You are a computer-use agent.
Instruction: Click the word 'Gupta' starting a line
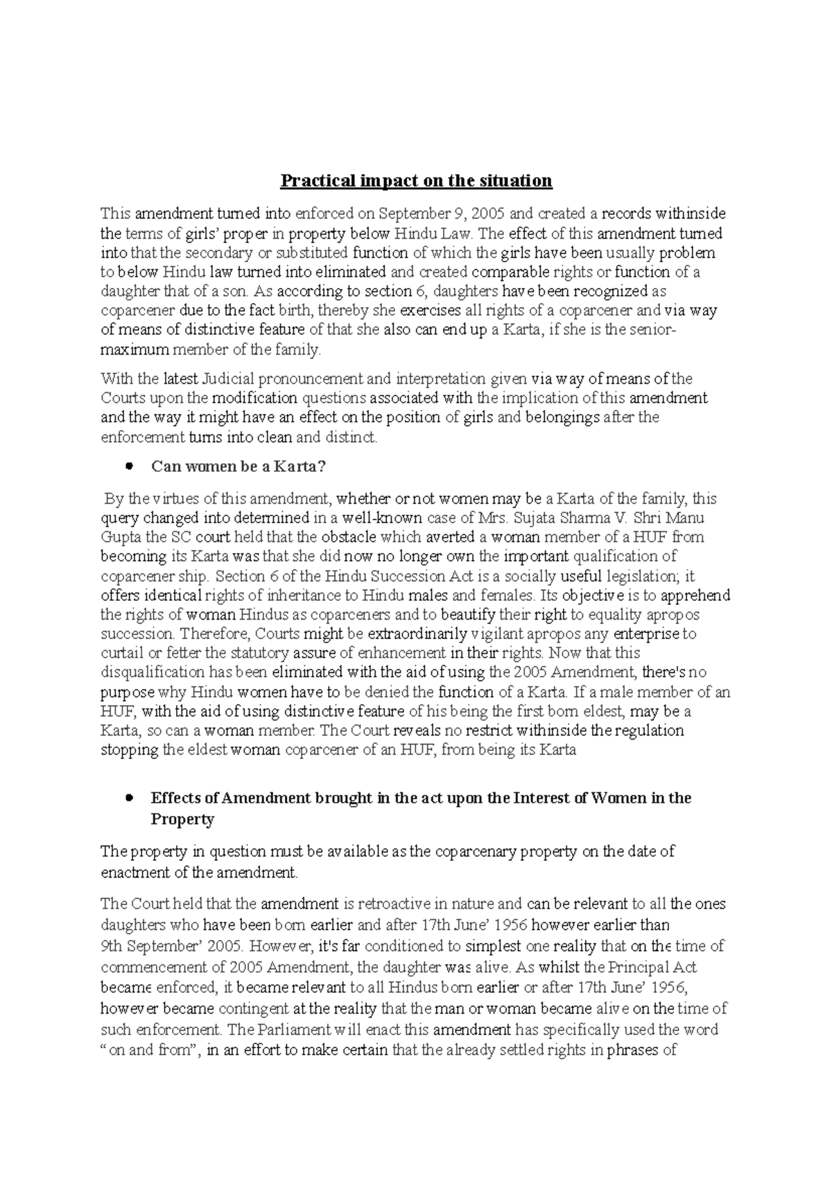[x=119, y=537]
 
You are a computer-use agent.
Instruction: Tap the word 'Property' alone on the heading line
[x=182, y=819]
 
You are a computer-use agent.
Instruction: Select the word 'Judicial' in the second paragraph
[x=229, y=379]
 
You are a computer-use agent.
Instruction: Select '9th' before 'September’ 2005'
[x=112, y=946]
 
